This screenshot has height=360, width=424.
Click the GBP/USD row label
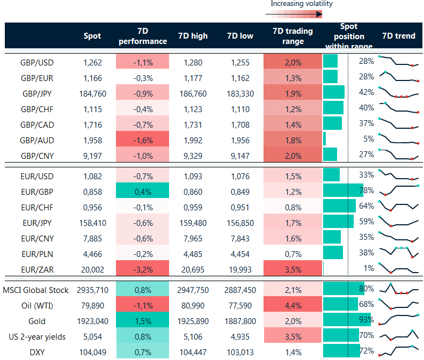38,62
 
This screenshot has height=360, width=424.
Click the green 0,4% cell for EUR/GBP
143,191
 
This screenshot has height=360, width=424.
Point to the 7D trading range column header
293,36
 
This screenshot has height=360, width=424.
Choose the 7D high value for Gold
192,321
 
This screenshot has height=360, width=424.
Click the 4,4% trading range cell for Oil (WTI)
293,306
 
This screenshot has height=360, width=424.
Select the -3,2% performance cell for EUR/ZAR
143,269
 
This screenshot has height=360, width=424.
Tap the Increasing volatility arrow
293,14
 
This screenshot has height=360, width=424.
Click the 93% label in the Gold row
366,320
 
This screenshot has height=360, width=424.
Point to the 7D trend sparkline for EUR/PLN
399,252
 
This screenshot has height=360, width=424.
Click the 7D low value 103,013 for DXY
239,352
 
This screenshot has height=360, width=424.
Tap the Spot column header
92,36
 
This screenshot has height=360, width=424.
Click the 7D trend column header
399,36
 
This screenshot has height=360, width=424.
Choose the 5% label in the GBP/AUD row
368,139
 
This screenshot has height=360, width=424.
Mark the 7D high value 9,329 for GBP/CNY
193,156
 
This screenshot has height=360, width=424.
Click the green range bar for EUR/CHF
339,207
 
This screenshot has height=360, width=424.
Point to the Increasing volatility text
301,4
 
